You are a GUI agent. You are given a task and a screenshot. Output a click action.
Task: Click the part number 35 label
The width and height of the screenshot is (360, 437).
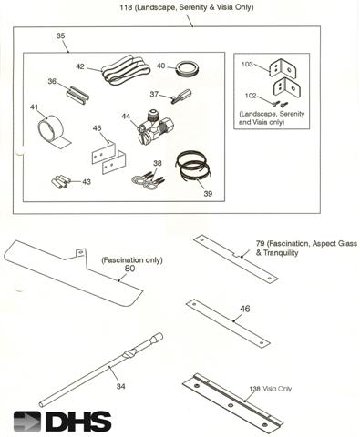60,36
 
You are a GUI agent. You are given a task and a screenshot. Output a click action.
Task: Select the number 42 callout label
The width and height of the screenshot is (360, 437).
80,66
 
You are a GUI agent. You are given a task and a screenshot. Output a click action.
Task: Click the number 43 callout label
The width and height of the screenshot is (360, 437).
86,182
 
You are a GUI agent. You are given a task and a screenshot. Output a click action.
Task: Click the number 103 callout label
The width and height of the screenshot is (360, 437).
247,66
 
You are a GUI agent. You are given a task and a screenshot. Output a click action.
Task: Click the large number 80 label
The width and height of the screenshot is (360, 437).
129,269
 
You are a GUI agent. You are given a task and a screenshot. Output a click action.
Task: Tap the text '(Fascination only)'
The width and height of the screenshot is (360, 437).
131,259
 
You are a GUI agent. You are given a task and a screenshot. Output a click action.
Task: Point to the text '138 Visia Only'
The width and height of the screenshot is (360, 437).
273,387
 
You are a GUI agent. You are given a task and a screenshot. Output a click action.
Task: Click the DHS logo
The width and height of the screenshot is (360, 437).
63,422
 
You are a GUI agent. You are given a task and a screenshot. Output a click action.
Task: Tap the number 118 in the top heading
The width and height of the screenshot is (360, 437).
128,8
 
